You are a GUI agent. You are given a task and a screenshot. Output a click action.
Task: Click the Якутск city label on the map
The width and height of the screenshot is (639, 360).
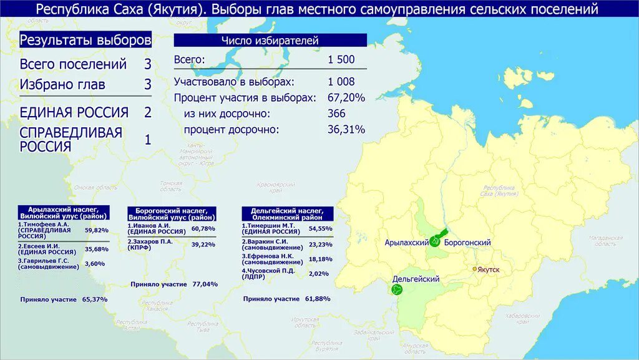489,270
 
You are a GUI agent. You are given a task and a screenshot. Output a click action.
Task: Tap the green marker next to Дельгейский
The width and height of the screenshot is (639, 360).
397,289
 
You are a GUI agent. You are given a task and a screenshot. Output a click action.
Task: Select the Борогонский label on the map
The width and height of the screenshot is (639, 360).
468,242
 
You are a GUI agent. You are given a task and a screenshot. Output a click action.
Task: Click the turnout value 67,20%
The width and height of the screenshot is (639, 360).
346,98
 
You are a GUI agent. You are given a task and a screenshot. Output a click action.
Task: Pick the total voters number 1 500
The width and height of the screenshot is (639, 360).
341,60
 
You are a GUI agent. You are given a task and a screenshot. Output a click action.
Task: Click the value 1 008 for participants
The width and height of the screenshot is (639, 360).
341,82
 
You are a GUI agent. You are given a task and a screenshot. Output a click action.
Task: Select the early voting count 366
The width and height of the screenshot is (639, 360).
336,114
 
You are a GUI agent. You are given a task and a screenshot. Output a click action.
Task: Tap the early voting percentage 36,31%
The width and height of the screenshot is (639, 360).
346,130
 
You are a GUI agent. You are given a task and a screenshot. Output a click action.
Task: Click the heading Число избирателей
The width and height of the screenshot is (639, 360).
270,41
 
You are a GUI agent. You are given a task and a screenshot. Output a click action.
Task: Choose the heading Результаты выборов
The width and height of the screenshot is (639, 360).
85,41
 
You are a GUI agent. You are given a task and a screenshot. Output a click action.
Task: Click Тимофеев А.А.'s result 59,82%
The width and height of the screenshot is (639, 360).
97,230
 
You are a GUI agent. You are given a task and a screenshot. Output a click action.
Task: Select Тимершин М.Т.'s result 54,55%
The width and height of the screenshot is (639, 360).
320,228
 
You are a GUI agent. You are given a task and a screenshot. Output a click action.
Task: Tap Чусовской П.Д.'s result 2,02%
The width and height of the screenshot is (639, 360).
318,273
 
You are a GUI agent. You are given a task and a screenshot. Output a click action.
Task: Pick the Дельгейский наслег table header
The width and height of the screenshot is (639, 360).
287,214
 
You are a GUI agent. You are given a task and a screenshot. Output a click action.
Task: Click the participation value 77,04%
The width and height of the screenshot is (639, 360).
205,285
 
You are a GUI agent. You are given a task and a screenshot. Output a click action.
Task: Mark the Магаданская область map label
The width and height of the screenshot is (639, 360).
605,241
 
